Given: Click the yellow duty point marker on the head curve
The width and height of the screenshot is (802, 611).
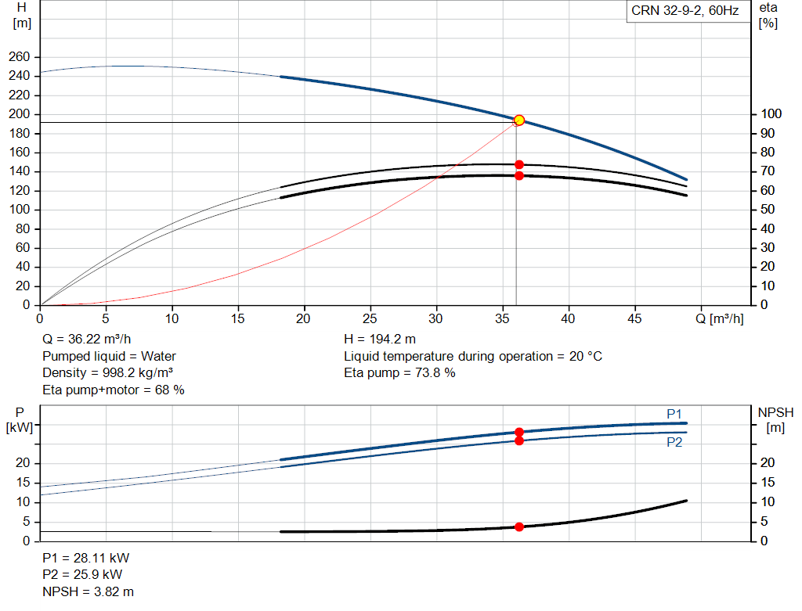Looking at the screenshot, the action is click(x=519, y=120).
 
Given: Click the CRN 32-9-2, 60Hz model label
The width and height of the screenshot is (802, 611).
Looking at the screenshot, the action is click(x=685, y=11).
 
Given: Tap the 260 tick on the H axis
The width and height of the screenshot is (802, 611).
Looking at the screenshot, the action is click(x=20, y=56).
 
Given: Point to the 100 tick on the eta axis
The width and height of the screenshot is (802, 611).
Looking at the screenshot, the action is click(x=771, y=114).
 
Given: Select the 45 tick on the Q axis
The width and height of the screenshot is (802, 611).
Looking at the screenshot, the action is click(x=634, y=318).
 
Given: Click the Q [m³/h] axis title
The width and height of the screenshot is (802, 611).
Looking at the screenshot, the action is click(x=720, y=318).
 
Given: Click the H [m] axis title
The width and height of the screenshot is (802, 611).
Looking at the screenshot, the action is click(x=22, y=16).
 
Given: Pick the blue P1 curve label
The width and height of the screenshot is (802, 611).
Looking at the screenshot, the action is click(x=674, y=414).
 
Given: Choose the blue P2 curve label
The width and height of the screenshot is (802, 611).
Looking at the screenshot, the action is click(x=674, y=443).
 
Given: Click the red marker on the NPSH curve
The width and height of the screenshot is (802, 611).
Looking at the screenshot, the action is click(x=519, y=527).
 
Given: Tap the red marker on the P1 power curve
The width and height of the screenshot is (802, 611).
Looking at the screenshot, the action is click(x=519, y=432).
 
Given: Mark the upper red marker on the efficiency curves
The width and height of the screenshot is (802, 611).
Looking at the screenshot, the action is click(x=519, y=164).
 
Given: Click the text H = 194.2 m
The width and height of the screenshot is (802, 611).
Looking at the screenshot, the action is click(x=380, y=340).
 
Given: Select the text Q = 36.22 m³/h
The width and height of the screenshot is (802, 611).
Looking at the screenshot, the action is click(x=86, y=340).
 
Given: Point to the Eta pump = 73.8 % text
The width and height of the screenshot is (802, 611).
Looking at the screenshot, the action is click(x=399, y=373).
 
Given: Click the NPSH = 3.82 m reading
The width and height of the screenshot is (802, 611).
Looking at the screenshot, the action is click(x=88, y=591).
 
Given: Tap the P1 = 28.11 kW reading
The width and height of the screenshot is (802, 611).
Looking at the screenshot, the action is click(x=86, y=558).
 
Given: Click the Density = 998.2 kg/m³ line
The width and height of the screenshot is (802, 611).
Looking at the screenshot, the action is click(x=107, y=373).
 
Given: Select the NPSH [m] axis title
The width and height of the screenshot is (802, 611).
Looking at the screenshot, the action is click(x=775, y=420).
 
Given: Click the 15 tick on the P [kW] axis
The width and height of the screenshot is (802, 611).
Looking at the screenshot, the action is click(x=23, y=482).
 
